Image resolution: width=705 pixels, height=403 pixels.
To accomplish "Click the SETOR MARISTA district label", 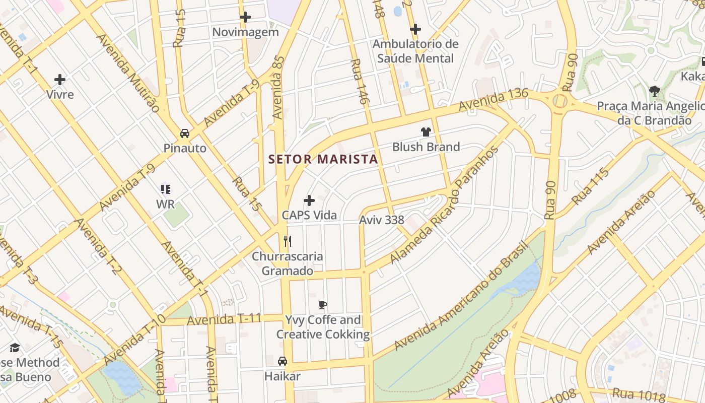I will pos(323,159).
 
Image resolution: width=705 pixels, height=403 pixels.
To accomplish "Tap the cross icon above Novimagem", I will pos(245,17).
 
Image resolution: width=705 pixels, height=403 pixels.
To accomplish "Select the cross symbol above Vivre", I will pos(60,80).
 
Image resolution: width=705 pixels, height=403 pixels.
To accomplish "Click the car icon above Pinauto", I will pos(185,133).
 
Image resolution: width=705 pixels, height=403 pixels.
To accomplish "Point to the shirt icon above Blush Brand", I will pos(426,132).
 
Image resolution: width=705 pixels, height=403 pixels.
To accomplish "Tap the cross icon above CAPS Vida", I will pos(309,200).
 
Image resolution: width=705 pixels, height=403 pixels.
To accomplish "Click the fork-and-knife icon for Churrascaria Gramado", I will pos(288,241).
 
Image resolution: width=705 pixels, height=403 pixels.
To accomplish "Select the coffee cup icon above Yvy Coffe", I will pos(323,305).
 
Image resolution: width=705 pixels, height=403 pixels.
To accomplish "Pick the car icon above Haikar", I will pos(283,361).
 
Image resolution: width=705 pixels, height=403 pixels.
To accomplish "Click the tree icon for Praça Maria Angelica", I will pos(655,91).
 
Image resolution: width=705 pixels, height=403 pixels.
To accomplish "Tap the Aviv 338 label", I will pos(382,220).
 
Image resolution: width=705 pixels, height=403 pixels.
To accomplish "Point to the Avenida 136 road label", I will pos(493,100).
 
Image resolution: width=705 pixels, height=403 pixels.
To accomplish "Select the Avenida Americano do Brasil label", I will pos(460,296).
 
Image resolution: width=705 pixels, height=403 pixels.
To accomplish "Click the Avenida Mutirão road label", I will pos(128,73).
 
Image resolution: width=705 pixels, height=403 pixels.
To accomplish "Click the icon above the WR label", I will pos(166,189).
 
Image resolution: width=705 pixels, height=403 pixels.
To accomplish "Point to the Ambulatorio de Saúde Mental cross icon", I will pos(415,29).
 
